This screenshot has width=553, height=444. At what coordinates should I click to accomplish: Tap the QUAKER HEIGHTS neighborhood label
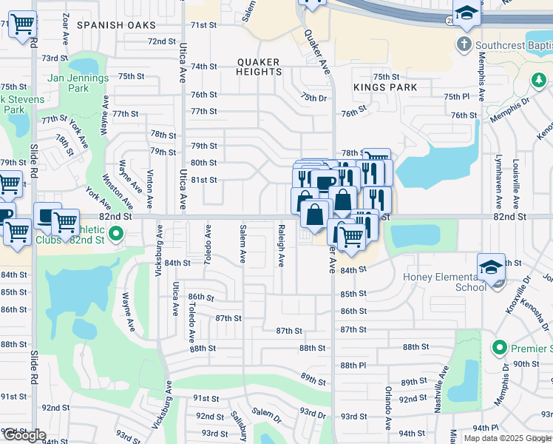259,67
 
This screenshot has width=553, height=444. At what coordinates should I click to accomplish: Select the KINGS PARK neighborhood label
385,87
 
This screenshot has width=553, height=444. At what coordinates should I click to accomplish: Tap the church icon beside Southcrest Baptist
464,44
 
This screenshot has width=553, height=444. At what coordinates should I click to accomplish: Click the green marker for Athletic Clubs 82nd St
116,235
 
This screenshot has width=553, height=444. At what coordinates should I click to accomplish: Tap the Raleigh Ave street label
281,245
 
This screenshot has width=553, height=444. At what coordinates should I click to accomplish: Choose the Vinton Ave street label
150,189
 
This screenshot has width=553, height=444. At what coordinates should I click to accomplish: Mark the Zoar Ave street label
66,25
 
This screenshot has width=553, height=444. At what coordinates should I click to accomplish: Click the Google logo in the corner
24,435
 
